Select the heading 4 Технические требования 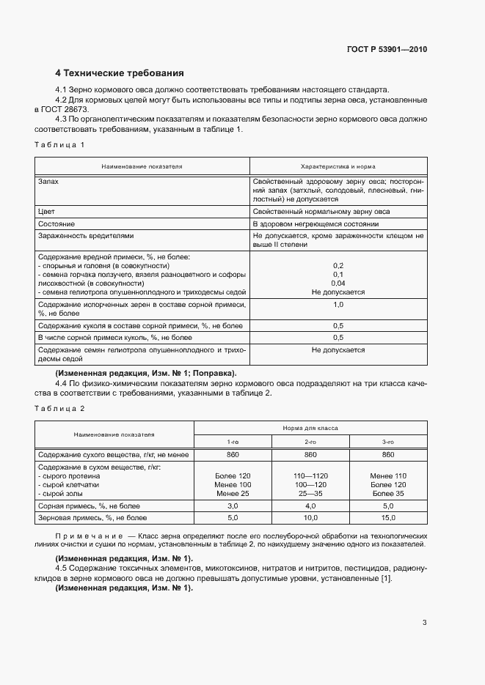coord(120,73)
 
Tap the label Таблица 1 coord(59,144)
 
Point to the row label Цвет coord(46,211)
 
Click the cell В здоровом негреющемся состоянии coord(316,223)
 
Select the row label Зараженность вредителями coord(85,236)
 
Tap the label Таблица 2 coord(59,407)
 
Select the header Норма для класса coord(310,427)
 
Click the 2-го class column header coord(310,442)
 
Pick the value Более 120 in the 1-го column coord(233,475)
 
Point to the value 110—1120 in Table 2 coord(310,475)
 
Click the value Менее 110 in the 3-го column coord(388,475)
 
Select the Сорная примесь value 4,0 coord(310,506)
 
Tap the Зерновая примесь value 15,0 coord(388,518)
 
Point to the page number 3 coord(424,623)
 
